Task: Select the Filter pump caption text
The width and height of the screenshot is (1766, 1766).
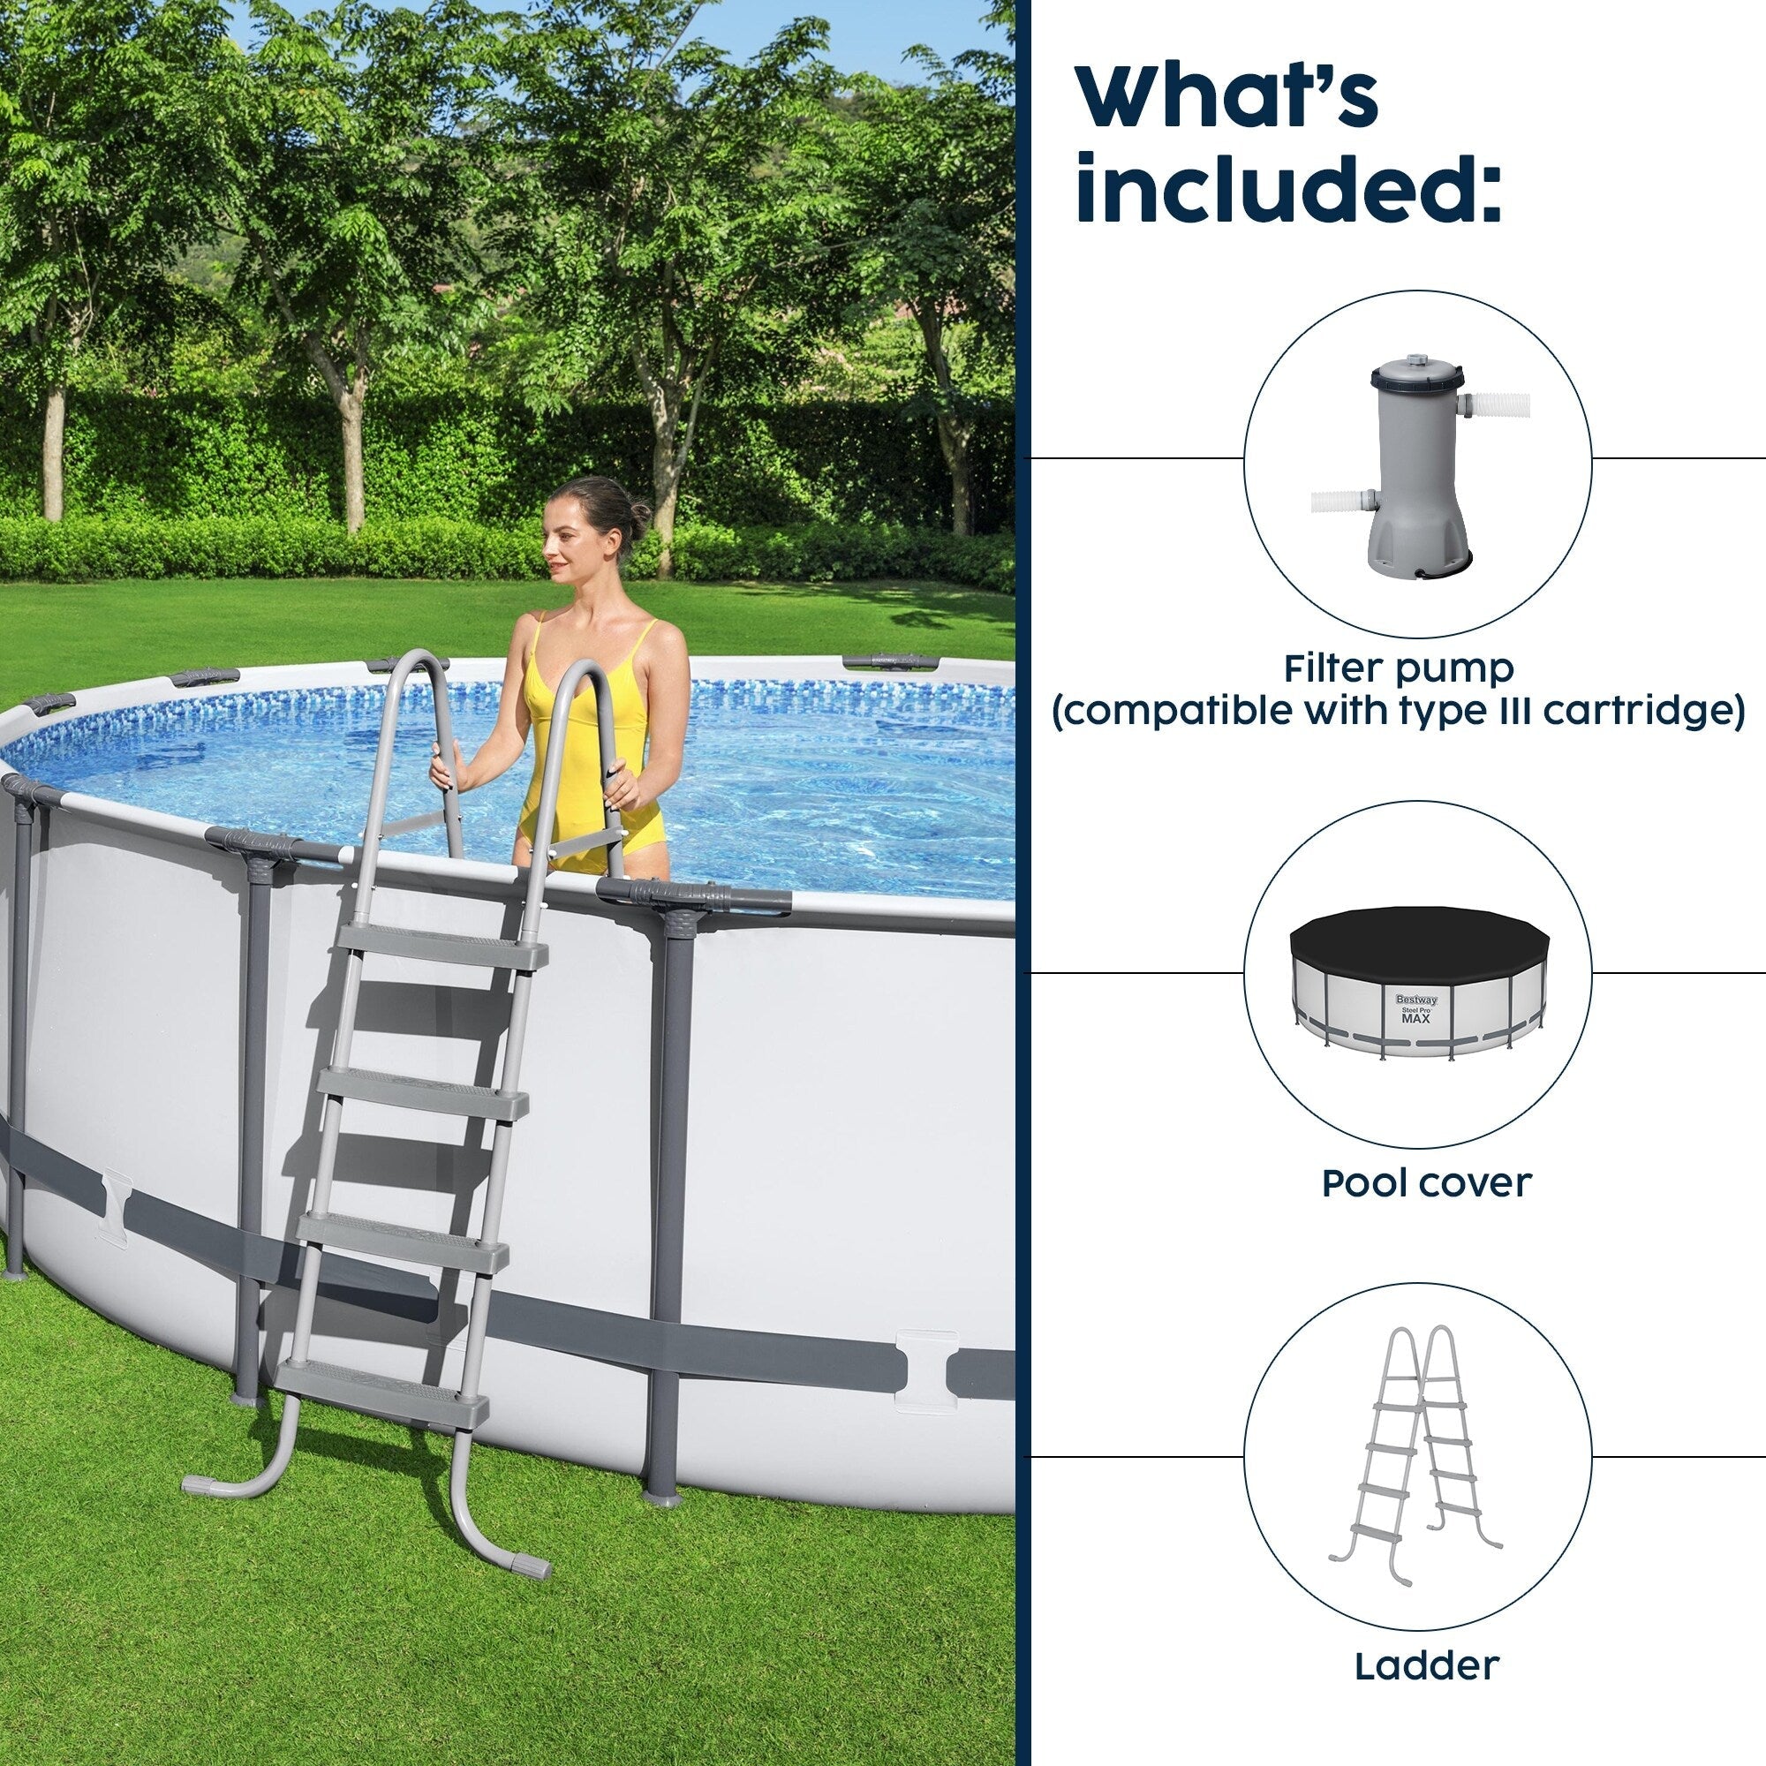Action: point(1399,669)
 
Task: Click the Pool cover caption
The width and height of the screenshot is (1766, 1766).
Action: point(1426,1183)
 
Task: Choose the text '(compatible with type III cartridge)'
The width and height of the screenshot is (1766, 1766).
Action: point(1399,710)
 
